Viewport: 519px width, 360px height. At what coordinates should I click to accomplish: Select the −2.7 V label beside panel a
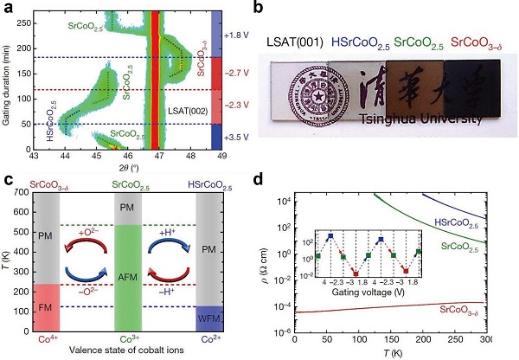[x=239, y=74]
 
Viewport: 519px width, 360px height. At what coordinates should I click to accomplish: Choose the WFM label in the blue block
[x=208, y=318]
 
